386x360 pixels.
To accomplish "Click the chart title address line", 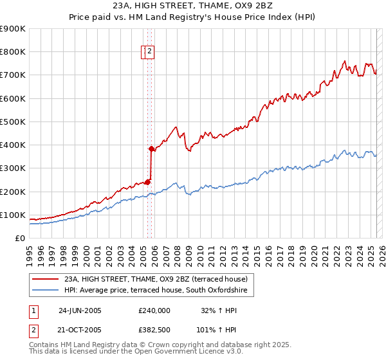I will tap(192, 7).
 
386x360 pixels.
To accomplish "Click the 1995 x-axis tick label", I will tap(30, 251).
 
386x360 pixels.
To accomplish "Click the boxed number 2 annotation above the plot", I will tap(149, 52).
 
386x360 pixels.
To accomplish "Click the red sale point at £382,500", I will tap(151, 149).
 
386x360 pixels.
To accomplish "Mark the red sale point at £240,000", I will tap(147, 182).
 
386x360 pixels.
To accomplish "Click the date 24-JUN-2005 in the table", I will tap(80, 310).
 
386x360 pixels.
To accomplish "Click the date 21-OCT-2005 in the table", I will tap(80, 329).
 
